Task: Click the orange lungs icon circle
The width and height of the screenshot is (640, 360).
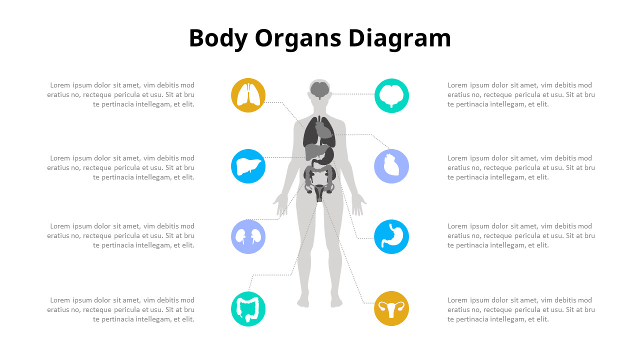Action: click(x=248, y=95)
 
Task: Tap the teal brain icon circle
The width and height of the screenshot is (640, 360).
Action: click(x=391, y=95)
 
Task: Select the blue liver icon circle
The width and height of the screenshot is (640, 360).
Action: click(x=248, y=166)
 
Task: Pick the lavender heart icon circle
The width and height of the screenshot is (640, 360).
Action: click(x=391, y=166)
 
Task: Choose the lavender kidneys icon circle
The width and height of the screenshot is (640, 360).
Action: click(x=248, y=237)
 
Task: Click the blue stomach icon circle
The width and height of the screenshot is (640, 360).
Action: click(x=391, y=237)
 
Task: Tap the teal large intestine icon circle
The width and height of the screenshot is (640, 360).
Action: click(x=248, y=309)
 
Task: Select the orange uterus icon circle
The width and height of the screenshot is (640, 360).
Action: click(x=391, y=308)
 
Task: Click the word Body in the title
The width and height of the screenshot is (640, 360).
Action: click(x=218, y=39)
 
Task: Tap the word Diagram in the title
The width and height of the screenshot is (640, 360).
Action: click(x=399, y=39)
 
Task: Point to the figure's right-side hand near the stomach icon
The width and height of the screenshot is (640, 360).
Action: click(x=358, y=204)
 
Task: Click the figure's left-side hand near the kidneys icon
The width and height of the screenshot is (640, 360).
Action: click(x=281, y=204)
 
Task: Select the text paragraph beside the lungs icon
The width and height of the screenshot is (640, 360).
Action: click(x=120, y=94)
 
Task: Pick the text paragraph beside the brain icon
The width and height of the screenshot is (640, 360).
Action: click(x=521, y=94)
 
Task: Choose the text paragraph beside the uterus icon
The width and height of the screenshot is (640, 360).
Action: click(x=521, y=309)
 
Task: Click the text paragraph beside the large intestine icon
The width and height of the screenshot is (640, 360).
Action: click(x=120, y=309)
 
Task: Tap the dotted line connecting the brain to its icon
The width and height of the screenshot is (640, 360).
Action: click(x=353, y=93)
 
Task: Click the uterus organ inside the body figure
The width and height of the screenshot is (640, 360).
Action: click(x=319, y=191)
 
